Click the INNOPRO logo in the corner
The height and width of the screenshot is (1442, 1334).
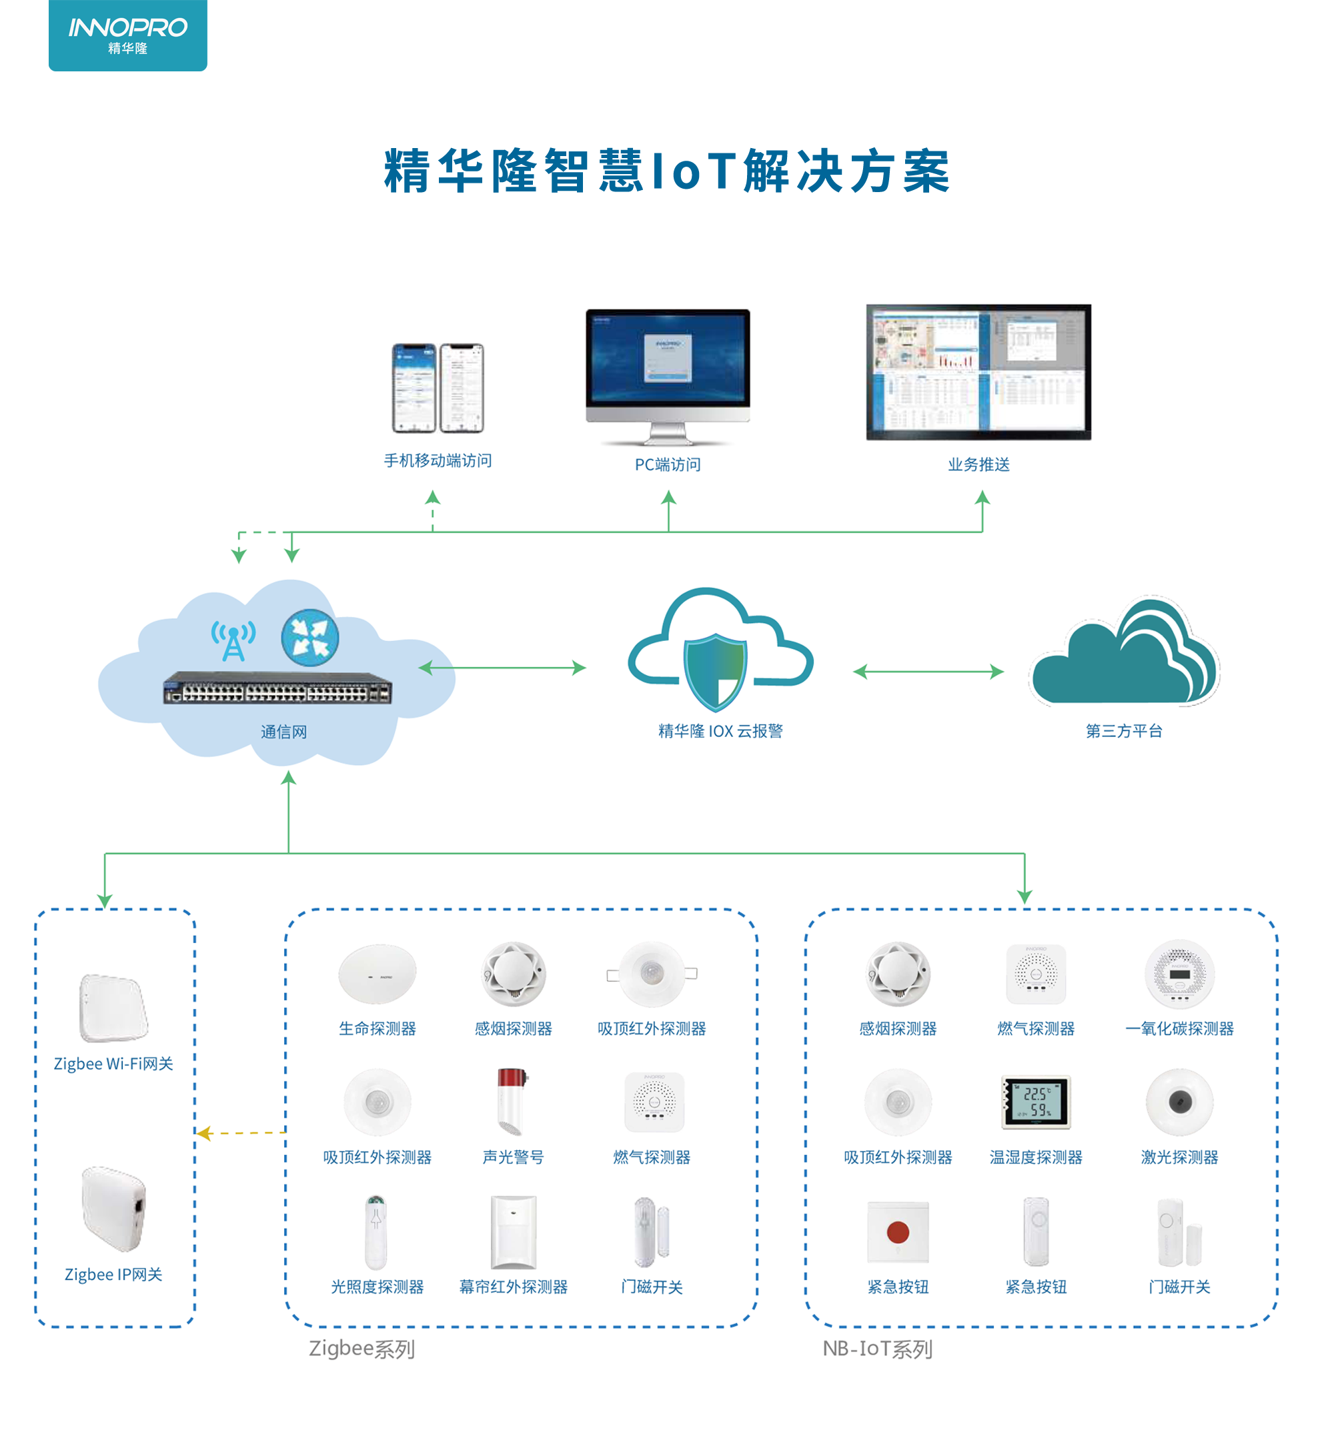point(128,35)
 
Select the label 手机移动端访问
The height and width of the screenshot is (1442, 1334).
point(438,460)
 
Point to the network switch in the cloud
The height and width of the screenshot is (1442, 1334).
point(277,688)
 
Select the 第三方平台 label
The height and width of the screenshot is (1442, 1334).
point(1123,731)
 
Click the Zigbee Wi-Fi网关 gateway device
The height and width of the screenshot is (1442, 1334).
point(113,1008)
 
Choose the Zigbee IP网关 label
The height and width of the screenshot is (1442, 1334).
point(113,1275)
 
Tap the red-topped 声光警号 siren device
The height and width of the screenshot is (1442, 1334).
point(512,1101)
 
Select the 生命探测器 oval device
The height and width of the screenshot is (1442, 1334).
point(377,974)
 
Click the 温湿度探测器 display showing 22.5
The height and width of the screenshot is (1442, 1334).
point(1036,1102)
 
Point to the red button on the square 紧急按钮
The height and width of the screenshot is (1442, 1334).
point(897,1232)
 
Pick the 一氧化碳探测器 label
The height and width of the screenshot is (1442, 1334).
point(1179,1028)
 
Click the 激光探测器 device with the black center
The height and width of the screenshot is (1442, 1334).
point(1179,1102)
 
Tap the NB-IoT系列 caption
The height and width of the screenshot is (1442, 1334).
point(877,1349)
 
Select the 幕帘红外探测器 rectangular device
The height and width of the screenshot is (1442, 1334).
point(513,1232)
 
